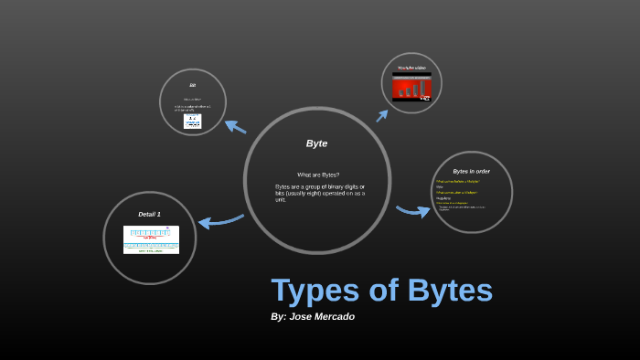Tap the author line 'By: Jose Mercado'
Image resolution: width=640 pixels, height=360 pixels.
[313, 316]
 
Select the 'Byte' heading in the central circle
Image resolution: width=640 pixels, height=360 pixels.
[316, 143]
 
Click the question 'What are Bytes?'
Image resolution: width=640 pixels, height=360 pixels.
[317, 175]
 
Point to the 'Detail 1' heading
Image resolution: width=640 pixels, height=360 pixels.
[149, 214]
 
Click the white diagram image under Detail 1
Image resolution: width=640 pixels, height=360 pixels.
[151, 239]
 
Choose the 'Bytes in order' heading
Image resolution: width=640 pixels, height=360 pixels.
[471, 171]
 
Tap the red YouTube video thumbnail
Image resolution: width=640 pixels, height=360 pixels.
[411, 87]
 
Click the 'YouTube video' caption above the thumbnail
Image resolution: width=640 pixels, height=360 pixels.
[411, 69]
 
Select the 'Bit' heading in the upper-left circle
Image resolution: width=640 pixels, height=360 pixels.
[193, 85]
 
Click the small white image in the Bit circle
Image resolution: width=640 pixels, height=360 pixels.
[192, 121]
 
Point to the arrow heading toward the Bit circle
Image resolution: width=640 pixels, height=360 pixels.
[235, 126]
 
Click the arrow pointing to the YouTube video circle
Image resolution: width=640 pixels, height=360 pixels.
[382, 114]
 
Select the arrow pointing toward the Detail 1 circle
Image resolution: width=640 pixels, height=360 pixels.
[219, 220]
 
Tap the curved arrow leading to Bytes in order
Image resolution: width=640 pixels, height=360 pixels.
[413, 211]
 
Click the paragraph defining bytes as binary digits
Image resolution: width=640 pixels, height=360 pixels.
[320, 193]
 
